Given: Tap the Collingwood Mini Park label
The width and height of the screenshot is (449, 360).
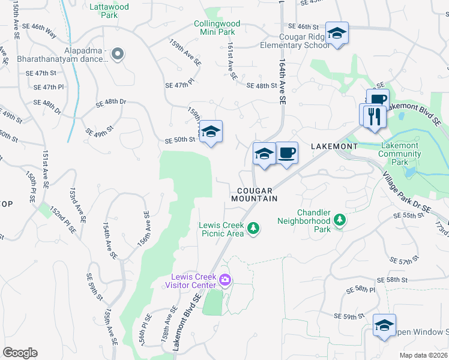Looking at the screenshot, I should coord(217,28).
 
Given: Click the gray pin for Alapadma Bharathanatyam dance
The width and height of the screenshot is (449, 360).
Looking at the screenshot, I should coord(118,55).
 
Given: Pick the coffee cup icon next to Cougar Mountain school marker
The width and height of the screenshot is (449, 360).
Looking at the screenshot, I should coord(286,153).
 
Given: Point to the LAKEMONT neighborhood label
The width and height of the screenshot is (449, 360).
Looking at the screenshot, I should coord(334,146).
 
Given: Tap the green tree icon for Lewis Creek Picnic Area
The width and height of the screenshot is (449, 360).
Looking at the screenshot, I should coord(254,227).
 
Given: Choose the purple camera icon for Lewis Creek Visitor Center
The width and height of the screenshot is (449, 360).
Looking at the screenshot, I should coord(225,280).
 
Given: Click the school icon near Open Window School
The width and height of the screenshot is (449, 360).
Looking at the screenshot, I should coord(384,325).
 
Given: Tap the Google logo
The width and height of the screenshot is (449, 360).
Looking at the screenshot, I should coord(20,352).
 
